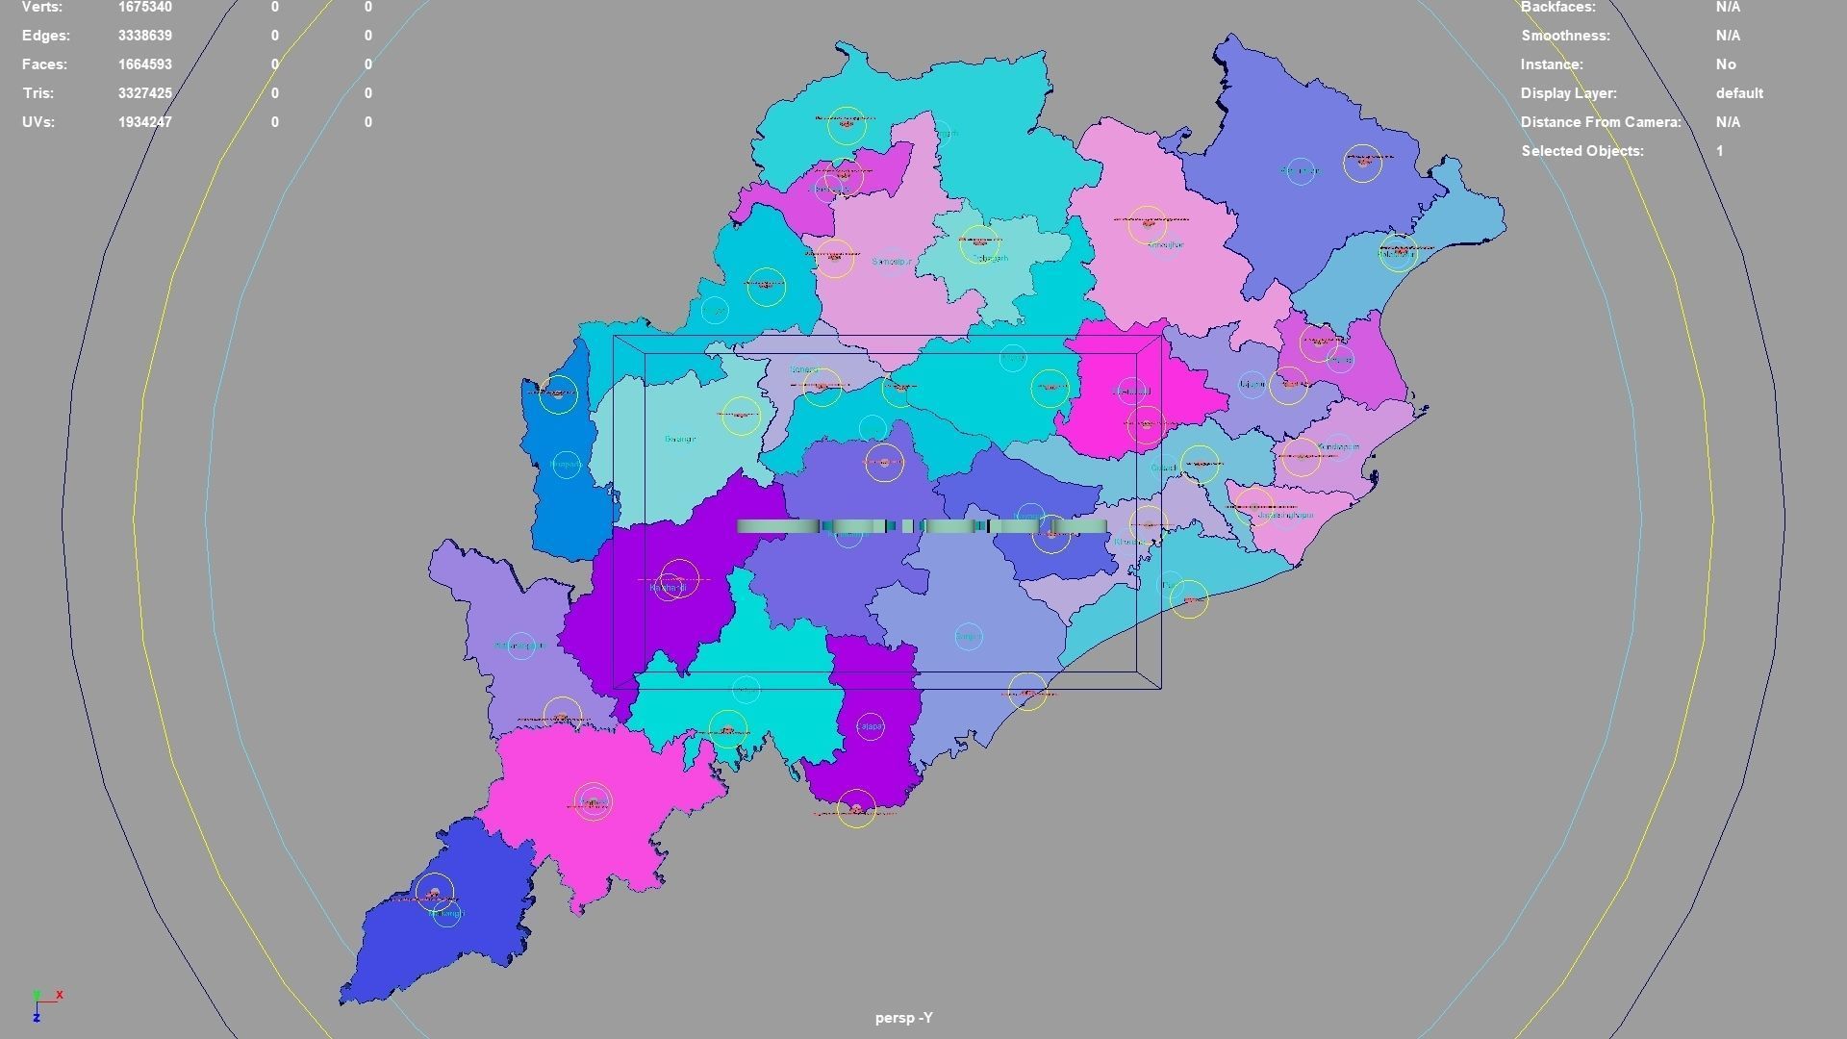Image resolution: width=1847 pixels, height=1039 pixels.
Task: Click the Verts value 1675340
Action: click(x=145, y=7)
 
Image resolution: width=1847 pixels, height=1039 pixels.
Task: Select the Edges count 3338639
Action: click(x=145, y=36)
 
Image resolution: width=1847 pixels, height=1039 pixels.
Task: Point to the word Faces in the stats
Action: click(x=44, y=64)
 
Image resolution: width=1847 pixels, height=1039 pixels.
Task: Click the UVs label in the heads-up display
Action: click(x=38, y=122)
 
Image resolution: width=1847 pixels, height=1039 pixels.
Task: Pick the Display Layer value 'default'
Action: click(x=1738, y=93)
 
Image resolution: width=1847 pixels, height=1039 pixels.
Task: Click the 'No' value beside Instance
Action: click(x=1725, y=64)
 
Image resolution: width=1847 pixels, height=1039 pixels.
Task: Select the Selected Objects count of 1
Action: click(x=1719, y=151)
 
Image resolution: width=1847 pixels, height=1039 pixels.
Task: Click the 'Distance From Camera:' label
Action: click(x=1600, y=122)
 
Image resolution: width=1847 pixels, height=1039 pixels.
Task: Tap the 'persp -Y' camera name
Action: click(x=903, y=1018)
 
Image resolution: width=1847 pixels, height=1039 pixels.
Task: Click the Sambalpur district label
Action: click(x=892, y=262)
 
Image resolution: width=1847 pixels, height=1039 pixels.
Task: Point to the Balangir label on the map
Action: click(x=679, y=440)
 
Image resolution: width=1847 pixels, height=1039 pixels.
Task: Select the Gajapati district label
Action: click(x=870, y=726)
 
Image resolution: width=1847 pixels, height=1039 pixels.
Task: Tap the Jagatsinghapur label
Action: click(x=1285, y=516)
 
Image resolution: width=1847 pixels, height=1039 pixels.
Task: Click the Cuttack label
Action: click(x=1163, y=469)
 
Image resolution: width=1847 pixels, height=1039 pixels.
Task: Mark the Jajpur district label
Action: click(x=1251, y=385)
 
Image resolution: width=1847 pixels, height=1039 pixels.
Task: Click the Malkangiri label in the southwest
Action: click(x=446, y=913)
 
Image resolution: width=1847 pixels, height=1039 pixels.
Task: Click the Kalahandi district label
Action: click(x=668, y=587)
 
